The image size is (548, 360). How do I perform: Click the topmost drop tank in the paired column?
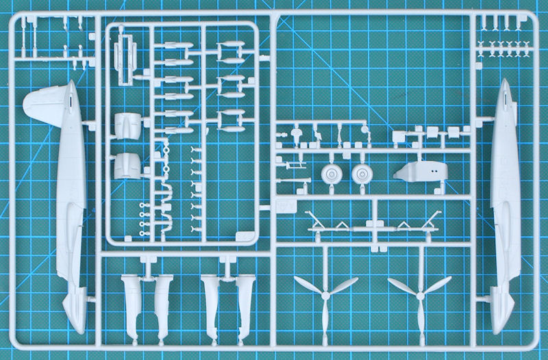(229, 51)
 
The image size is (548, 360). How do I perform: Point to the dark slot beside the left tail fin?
(71, 101)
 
